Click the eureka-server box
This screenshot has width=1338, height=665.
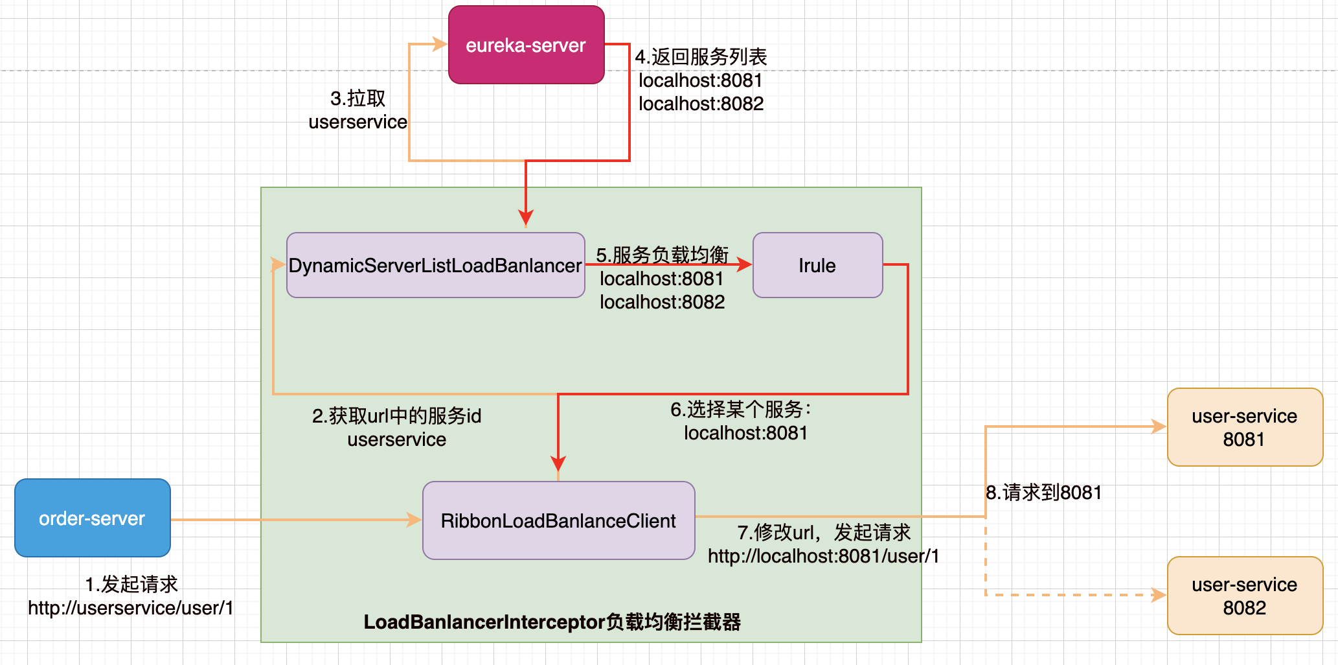point(527,45)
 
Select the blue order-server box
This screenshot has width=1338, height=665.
point(93,518)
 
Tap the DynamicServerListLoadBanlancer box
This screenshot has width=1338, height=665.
point(436,265)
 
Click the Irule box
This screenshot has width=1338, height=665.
point(818,265)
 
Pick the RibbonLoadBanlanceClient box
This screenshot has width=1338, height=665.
point(559,520)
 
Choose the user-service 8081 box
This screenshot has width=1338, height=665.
point(1245,427)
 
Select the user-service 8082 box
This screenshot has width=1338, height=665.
point(1245,596)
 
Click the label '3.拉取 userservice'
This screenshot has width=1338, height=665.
point(358,110)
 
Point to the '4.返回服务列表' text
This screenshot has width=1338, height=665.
point(701,57)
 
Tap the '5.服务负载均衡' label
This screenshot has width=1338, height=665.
point(663,255)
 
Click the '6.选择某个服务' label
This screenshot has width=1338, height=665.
point(741,409)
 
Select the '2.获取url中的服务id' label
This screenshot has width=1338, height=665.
point(397,415)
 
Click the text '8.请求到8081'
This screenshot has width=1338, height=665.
point(1044,493)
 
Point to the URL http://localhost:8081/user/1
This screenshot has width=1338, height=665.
point(824,556)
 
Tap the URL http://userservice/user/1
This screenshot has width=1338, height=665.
point(131,608)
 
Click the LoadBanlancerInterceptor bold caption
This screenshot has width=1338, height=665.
point(552,622)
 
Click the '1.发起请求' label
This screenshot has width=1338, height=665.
point(131,584)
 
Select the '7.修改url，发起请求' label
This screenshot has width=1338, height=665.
point(824,532)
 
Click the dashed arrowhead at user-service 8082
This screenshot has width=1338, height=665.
point(1159,594)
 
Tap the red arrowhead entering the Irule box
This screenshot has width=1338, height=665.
point(745,264)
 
